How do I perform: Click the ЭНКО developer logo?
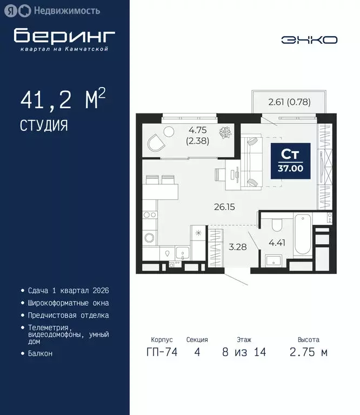pos(309,40)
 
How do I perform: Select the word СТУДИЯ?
pos(44,126)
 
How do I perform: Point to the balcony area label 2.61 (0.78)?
pos(289,101)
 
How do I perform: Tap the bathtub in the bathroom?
pos(301,237)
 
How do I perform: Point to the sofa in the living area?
pos(252,162)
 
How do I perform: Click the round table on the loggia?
pos(168,131)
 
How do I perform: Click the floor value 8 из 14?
pos(243,352)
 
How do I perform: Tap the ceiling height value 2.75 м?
pos(308,352)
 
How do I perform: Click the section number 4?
pos(197,352)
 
